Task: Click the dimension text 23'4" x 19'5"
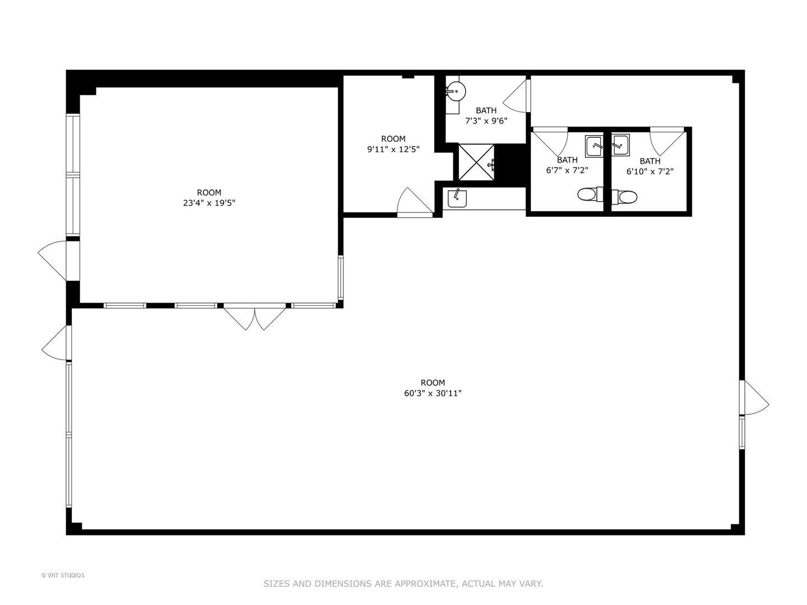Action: [208, 203]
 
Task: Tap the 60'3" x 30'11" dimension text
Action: [433, 393]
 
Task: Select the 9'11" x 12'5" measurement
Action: [393, 149]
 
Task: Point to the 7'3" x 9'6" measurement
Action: [486, 120]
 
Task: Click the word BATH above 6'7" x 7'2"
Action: [567, 160]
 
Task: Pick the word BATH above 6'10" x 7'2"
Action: [650, 161]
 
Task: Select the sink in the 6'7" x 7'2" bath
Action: [594, 146]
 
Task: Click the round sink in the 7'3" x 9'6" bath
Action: [456, 91]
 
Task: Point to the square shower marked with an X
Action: [476, 162]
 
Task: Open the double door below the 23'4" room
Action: [255, 318]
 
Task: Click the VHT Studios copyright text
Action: [63, 575]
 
